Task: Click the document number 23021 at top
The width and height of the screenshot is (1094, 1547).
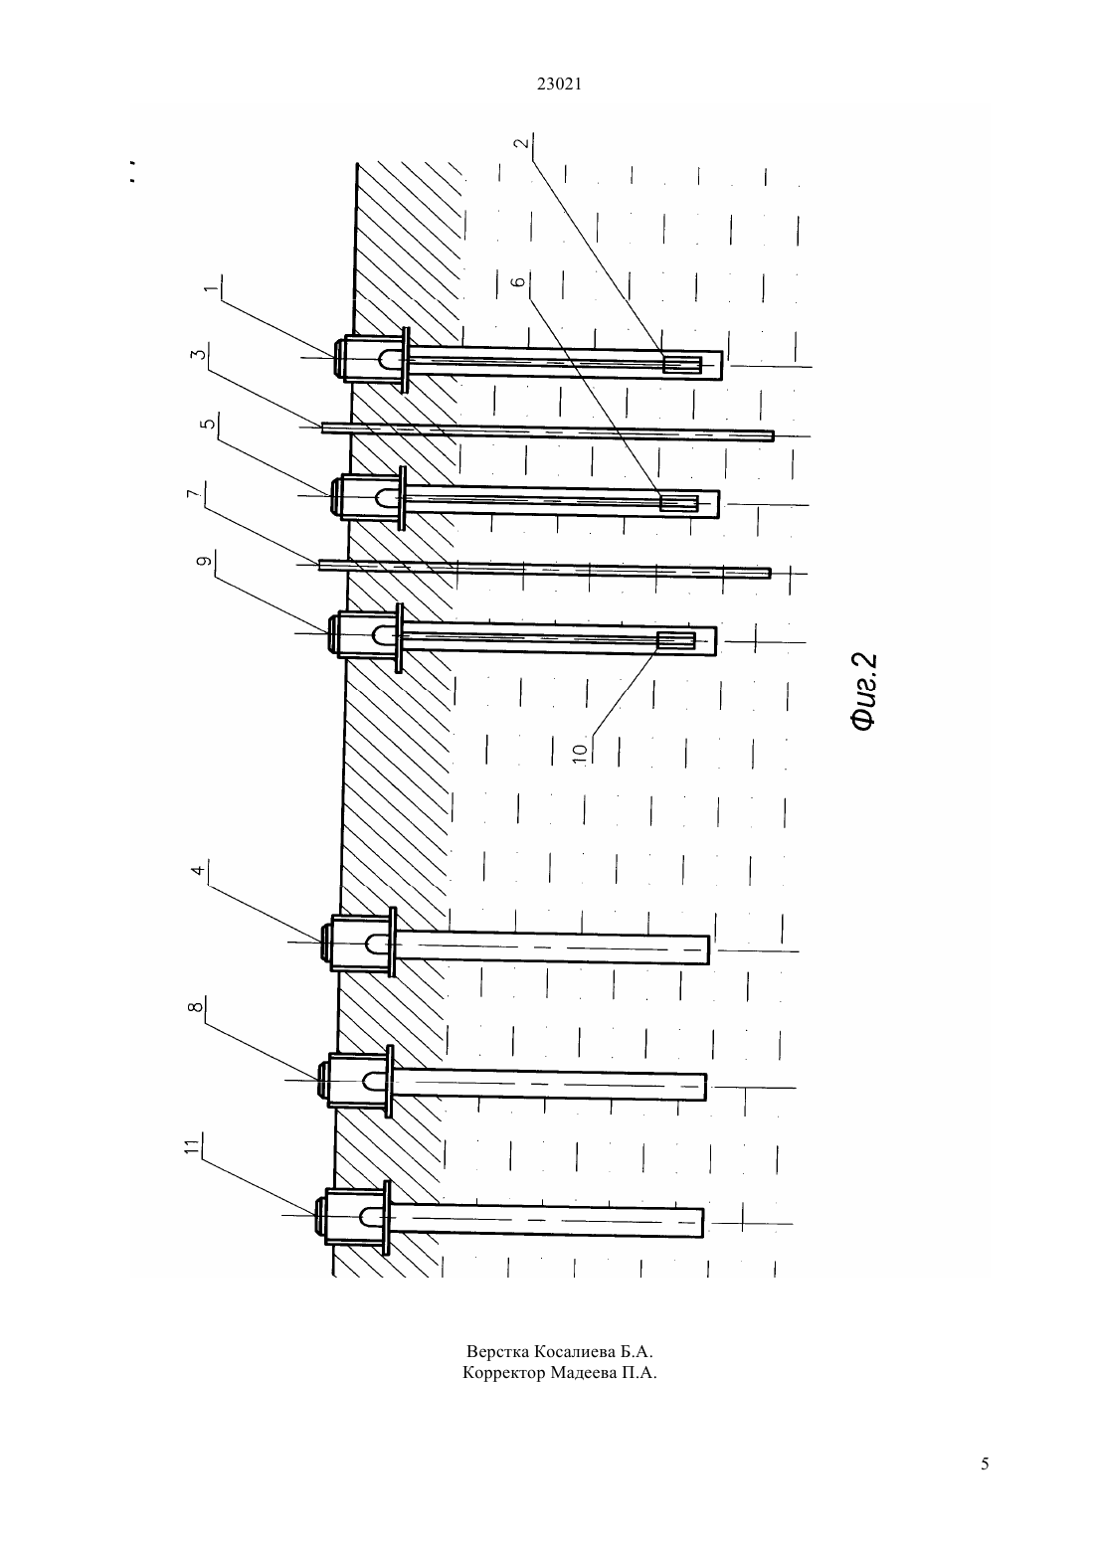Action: (x=559, y=85)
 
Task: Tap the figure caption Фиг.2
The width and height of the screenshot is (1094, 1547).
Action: (x=864, y=691)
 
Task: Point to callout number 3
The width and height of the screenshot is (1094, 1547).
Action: (x=198, y=355)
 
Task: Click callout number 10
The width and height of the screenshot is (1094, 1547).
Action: (x=579, y=752)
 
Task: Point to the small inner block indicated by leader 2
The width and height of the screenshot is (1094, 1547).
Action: (x=681, y=365)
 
